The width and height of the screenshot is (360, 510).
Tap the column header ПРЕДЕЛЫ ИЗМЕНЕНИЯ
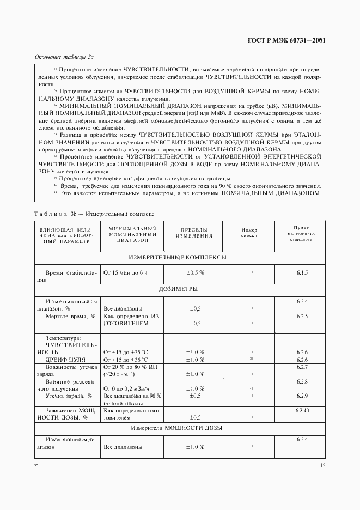click(x=193, y=233)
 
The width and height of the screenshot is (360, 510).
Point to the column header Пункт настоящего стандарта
click(x=302, y=233)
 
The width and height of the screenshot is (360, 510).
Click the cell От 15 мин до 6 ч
click(x=125, y=272)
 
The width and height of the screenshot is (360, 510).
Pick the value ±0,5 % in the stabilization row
click(x=195, y=272)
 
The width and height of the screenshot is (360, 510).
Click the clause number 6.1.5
click(x=302, y=272)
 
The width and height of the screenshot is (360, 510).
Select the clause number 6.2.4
click(x=302, y=301)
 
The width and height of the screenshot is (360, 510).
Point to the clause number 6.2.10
click(x=302, y=410)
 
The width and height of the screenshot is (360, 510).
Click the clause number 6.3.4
click(x=302, y=439)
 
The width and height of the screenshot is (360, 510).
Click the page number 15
click(x=323, y=465)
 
